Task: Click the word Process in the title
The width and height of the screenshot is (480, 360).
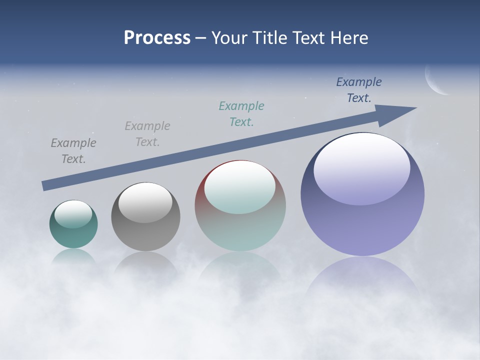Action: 157,38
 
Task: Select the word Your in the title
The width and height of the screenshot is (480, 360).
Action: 230,38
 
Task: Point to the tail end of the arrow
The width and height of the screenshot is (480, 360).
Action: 46,185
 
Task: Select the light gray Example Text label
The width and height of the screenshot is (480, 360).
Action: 147,134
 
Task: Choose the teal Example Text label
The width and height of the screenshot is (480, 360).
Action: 241,113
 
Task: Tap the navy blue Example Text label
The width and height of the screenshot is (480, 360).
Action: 359,90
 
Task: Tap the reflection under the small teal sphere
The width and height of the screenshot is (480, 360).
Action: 73,256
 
